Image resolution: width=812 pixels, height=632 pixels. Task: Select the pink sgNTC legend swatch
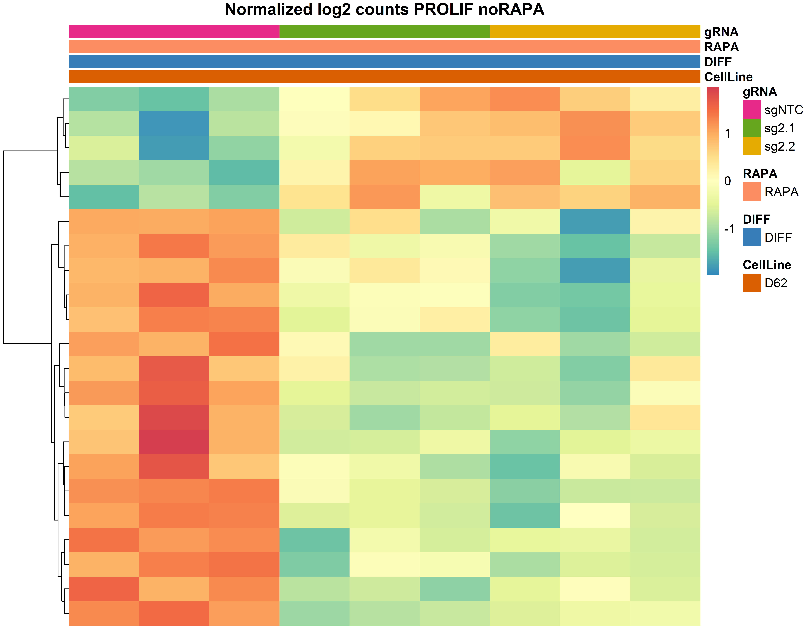[751, 109]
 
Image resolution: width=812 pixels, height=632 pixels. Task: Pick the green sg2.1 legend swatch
[751, 128]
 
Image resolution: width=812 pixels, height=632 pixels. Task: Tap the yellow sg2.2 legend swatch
[751, 146]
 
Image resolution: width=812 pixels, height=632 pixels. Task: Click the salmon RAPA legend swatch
[751, 192]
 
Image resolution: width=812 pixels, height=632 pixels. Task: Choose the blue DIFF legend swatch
[751, 237]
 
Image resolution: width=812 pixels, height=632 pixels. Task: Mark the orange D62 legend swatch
[751, 283]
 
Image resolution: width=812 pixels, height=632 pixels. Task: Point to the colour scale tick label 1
[728, 134]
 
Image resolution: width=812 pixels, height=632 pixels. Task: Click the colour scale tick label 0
[728, 181]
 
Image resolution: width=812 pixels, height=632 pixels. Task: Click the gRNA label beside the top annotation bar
[721, 32]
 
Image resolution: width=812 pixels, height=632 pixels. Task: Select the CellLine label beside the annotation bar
[728, 77]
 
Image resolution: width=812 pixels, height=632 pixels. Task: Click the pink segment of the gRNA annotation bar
[174, 32]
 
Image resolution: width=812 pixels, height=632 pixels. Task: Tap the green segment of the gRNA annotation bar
[384, 32]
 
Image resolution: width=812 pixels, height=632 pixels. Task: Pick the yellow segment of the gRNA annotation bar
[595, 32]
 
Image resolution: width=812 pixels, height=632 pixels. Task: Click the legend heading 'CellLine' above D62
[767, 265]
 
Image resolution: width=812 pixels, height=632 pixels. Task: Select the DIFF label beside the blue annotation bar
[718, 62]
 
